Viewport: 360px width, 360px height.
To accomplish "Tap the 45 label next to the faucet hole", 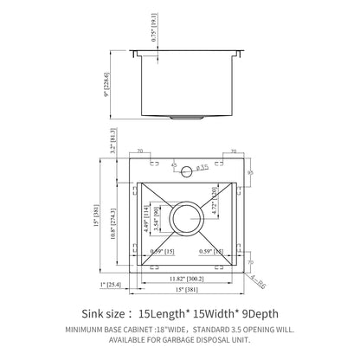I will click(x=173, y=163).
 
